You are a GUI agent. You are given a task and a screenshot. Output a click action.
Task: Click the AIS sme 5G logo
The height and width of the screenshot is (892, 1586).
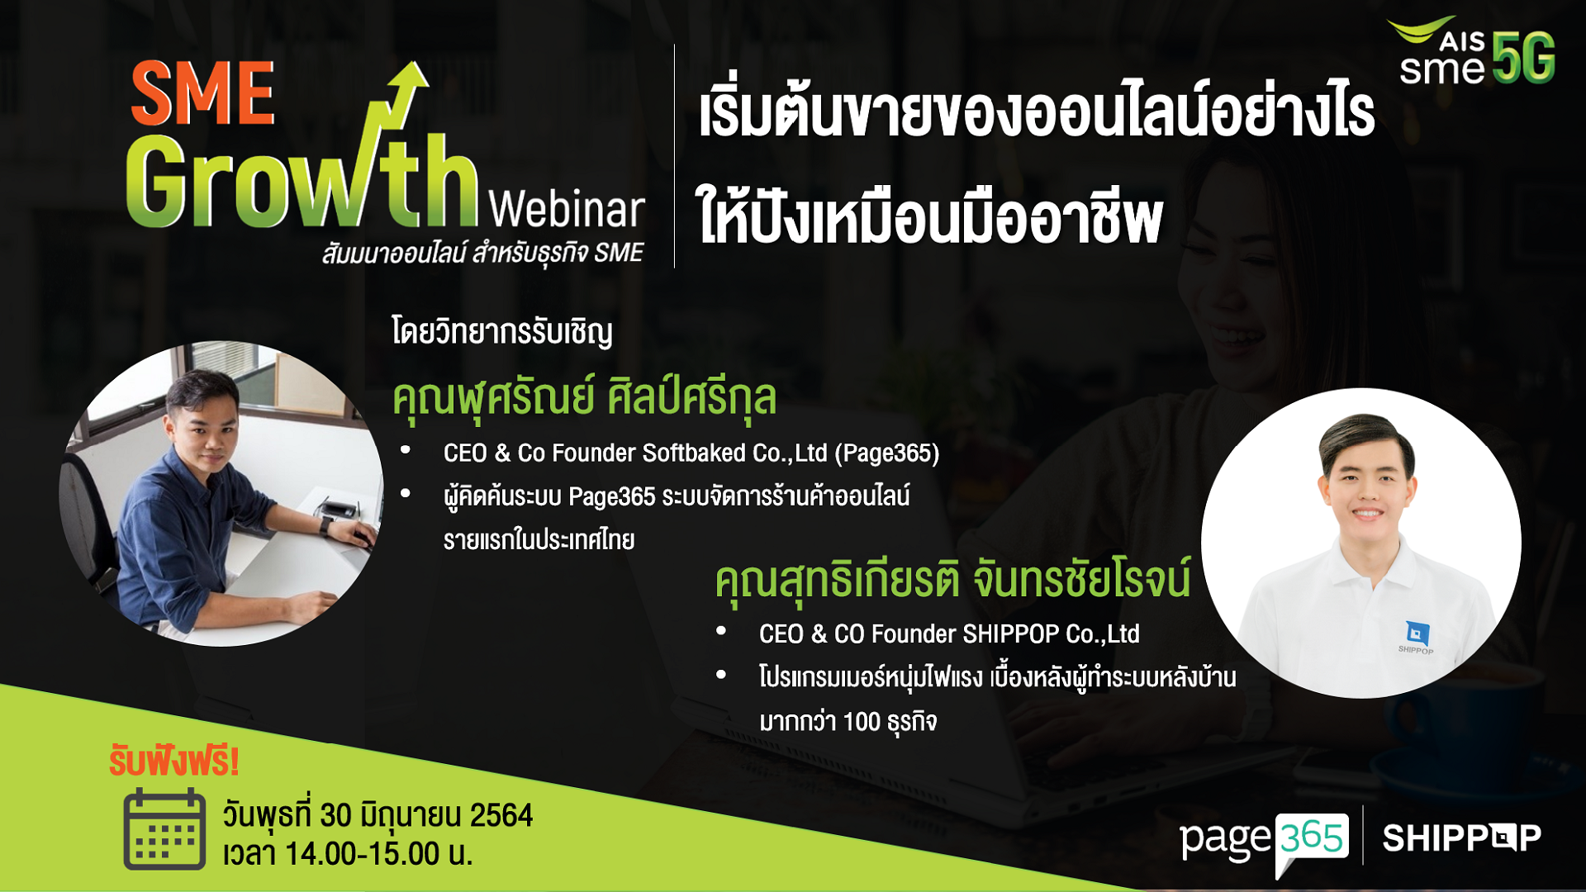pos(1472,51)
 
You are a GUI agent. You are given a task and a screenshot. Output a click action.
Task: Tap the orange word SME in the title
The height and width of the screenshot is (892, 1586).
pos(202,93)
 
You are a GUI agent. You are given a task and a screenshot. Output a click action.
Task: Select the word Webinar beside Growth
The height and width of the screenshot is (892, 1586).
pos(567,210)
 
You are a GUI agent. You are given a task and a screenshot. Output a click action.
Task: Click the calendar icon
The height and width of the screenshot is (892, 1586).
pos(164,828)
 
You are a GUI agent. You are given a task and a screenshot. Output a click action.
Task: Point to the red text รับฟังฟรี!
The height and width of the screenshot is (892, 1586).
pos(174,762)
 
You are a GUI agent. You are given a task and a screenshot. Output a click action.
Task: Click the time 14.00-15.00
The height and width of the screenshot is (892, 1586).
pos(363,854)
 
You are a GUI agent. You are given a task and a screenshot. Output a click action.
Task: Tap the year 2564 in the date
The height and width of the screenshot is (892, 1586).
pos(501,815)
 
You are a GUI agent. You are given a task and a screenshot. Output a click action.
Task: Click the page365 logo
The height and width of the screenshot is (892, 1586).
pos(1265,841)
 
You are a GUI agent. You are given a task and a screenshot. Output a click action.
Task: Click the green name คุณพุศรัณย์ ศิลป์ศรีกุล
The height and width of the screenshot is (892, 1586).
pos(585,398)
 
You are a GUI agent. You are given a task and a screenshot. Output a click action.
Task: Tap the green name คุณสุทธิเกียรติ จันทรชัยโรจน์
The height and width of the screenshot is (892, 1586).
pos(953,578)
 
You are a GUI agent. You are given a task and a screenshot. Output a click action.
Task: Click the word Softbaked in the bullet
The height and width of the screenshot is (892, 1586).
pos(694,453)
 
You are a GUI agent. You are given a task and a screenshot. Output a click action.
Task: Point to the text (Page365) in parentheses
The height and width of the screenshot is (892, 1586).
pos(887,453)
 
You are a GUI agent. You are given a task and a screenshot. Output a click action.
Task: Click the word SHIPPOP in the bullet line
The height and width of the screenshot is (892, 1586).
pos(1010,633)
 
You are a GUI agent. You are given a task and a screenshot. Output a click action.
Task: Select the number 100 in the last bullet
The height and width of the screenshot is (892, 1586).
pos(862,722)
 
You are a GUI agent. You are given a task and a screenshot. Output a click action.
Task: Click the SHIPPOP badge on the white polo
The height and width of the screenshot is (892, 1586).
pos(1417,636)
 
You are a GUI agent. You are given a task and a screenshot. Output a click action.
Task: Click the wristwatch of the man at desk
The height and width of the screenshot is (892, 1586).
pos(326,524)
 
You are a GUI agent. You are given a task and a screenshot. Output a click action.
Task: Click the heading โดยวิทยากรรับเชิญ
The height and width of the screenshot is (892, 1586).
pos(502,332)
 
